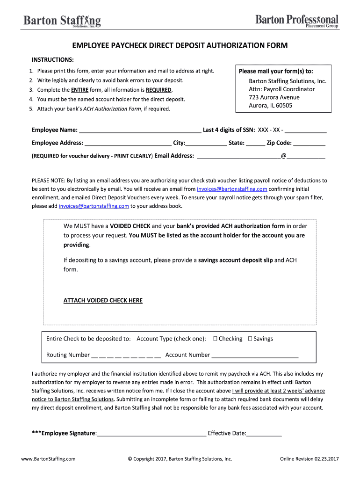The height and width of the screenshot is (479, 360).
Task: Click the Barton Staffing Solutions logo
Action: (62, 21)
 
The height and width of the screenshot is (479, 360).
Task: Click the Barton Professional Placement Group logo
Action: (297, 21)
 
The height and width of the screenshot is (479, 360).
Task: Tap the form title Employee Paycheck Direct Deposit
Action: (180, 45)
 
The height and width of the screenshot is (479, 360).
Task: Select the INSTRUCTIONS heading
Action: (52, 60)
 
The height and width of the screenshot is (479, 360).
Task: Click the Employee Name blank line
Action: (140, 131)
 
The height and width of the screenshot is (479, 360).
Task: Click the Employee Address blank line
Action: (128, 144)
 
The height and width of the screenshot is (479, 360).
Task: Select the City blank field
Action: (206, 144)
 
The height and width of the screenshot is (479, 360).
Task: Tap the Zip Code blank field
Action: (310, 144)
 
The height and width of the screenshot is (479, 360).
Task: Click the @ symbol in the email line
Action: (283, 156)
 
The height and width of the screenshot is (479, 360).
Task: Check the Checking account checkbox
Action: (215, 339)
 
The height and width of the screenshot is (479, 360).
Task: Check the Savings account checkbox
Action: (250, 339)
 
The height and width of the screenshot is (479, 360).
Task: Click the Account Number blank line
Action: (255, 355)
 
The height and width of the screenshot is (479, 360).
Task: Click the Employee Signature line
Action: (151, 434)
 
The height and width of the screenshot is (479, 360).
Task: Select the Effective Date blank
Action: (264, 434)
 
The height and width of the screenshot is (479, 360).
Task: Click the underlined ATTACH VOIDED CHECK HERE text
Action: (103, 300)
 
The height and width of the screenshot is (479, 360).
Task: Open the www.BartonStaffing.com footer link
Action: (48, 459)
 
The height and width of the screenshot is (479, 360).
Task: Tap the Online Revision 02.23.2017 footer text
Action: (309, 459)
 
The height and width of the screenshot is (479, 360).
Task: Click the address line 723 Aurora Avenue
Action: (274, 97)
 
